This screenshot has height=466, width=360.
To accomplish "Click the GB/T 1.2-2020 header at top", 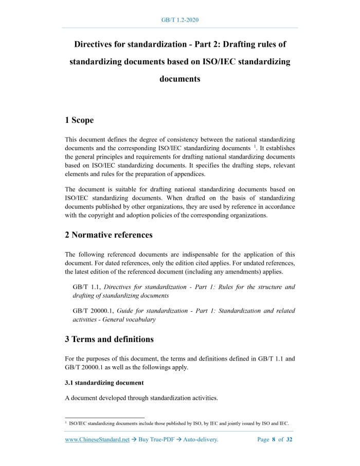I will point(179,20).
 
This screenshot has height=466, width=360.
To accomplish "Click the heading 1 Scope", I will point(79,120).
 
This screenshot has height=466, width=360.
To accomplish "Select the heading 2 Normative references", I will point(109,235).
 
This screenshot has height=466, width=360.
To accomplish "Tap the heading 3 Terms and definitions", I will point(109,339).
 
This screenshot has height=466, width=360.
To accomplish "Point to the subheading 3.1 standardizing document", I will point(104,383).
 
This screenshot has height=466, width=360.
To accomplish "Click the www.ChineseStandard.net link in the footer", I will point(97,440).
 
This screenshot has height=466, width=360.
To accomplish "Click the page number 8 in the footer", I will point(274,440).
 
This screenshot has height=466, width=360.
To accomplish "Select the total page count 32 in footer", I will point(289,440).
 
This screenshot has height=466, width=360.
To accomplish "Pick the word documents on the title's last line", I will point(179,79).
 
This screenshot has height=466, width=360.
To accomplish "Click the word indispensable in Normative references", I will point(209,255).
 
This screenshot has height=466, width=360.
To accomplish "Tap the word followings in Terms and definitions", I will point(155,367).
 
